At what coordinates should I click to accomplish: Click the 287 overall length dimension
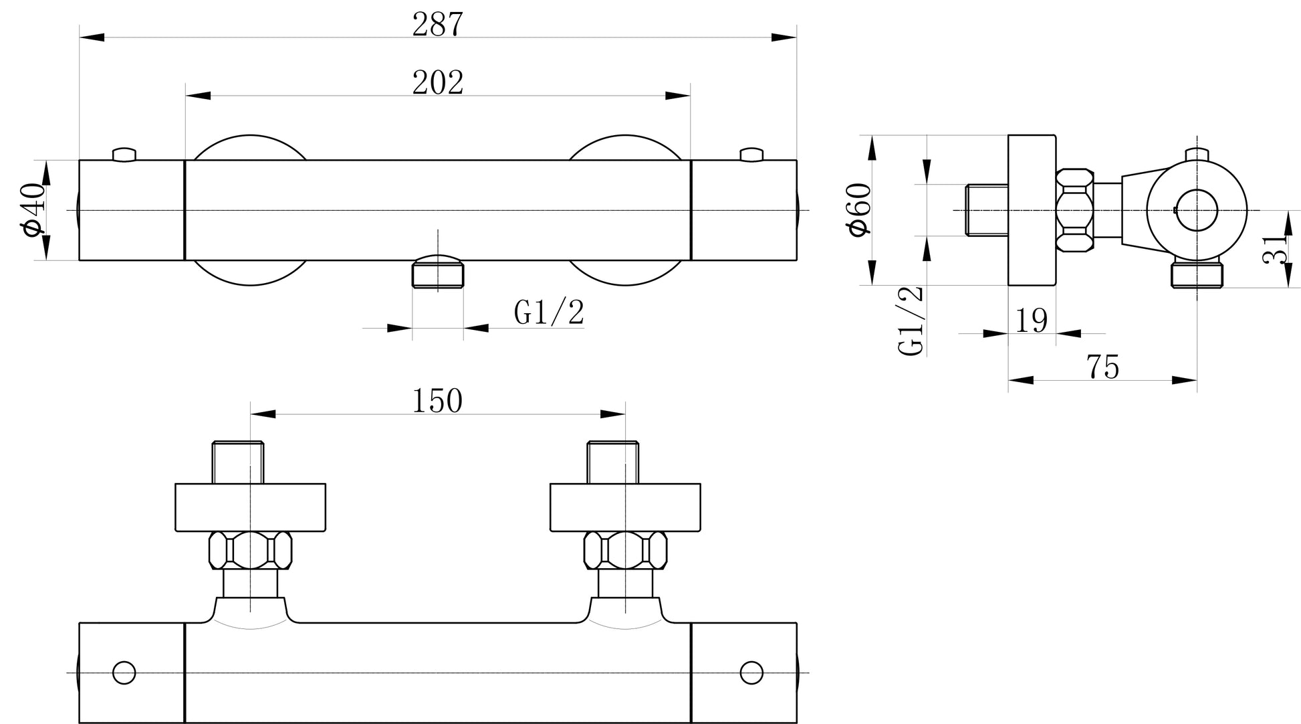click(x=437, y=24)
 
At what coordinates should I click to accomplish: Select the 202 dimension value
click(x=437, y=82)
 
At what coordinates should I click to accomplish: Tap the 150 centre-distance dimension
click(x=437, y=401)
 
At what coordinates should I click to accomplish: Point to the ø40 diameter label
click(x=33, y=209)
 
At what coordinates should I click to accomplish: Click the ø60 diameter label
click(x=859, y=209)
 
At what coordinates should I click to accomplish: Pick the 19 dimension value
click(x=1032, y=321)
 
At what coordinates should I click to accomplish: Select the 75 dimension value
click(x=1102, y=367)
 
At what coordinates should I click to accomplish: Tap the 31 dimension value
click(x=1275, y=249)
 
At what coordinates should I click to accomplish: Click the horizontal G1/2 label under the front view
click(x=549, y=312)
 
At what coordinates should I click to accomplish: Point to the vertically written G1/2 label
click(x=911, y=321)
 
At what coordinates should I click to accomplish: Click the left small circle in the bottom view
click(x=124, y=672)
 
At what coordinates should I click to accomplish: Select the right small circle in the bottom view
click(x=751, y=672)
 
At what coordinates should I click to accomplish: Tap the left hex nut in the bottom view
click(x=250, y=550)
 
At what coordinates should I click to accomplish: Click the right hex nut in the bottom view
click(x=625, y=550)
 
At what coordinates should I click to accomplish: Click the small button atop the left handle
click(x=124, y=155)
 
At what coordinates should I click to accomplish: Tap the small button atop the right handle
click(x=751, y=155)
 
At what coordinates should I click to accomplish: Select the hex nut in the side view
click(x=1074, y=210)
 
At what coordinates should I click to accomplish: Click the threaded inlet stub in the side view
click(x=987, y=210)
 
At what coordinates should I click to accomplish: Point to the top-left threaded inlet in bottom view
click(x=238, y=462)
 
